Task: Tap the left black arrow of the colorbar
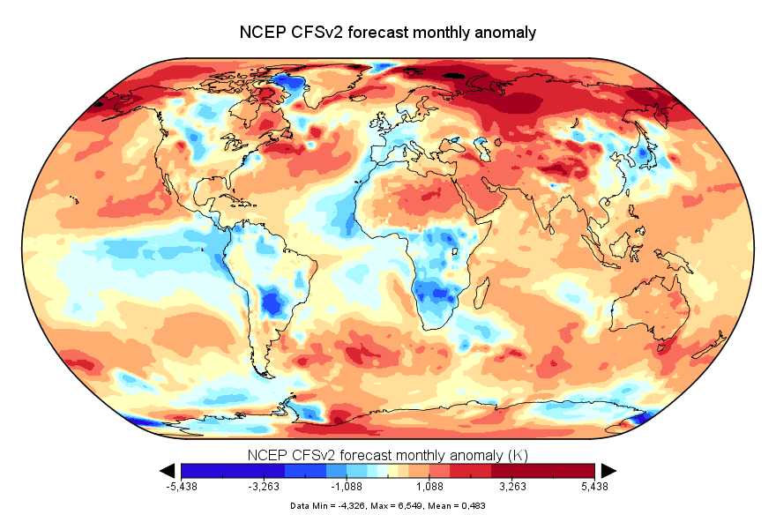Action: click(x=167, y=471)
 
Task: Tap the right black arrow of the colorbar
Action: click(x=608, y=471)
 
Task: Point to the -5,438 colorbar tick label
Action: click(x=182, y=487)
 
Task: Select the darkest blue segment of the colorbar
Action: click(x=198, y=471)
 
